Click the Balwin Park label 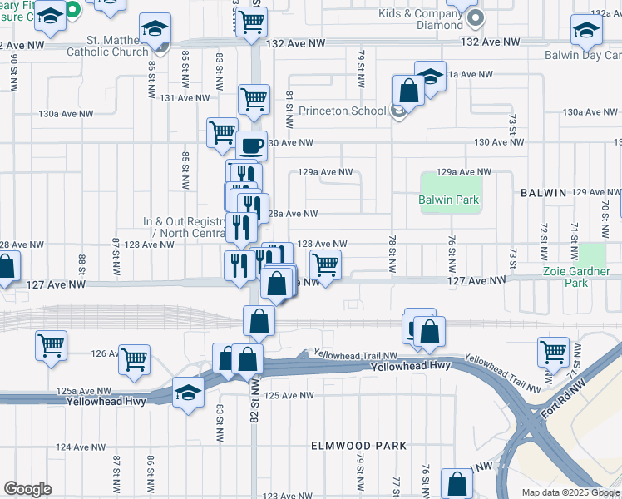pos(449,200)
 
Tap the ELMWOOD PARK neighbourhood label pos(358,446)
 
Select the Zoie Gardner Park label pos(576,277)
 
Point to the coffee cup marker pos(251,146)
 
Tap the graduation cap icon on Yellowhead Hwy pos(188,393)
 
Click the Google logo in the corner pos(27,489)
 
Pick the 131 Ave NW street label pos(177,97)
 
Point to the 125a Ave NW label pos(84,391)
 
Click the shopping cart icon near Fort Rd pos(553,352)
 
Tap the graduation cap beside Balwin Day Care pos(586,31)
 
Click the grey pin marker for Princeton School pos(398,111)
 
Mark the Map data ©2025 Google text pos(570,492)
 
